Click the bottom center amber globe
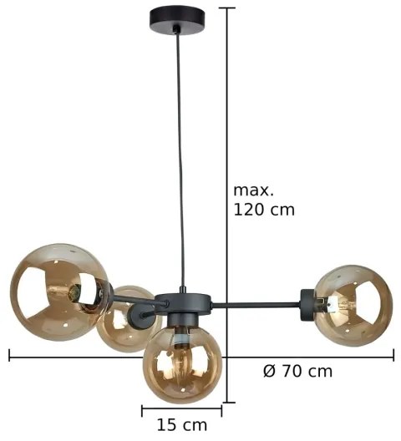pyautogui.click(x=181, y=364)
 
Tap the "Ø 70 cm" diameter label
pyautogui.click(x=297, y=371)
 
